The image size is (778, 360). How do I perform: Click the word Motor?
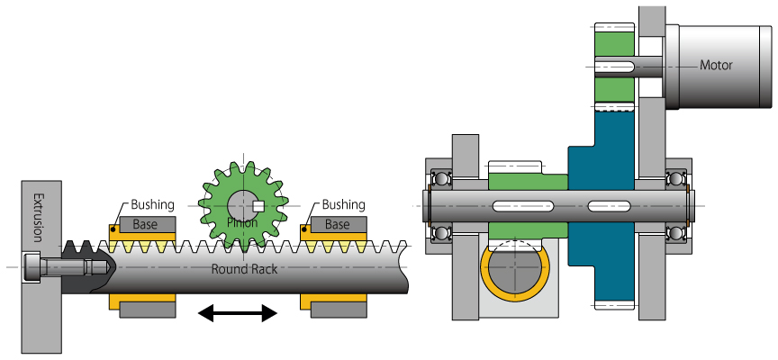(x=717, y=65)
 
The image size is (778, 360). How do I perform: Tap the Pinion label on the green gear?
(x=242, y=222)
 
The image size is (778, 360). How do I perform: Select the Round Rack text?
(x=244, y=268)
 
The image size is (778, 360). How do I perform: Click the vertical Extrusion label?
(x=38, y=217)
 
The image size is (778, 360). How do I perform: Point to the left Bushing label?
(x=152, y=204)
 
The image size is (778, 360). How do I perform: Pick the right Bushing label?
(x=343, y=204)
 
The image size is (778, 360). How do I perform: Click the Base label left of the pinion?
(x=145, y=224)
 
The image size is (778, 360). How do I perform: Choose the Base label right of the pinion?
(x=337, y=224)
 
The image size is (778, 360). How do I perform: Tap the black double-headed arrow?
(x=238, y=312)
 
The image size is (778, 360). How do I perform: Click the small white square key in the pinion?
(x=258, y=205)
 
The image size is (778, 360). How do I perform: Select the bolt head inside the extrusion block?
(x=33, y=267)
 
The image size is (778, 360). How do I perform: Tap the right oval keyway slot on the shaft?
(x=611, y=206)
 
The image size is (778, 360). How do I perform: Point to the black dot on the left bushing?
(x=114, y=229)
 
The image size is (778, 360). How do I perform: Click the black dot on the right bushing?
(x=306, y=229)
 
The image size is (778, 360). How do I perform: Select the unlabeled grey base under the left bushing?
(x=145, y=310)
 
